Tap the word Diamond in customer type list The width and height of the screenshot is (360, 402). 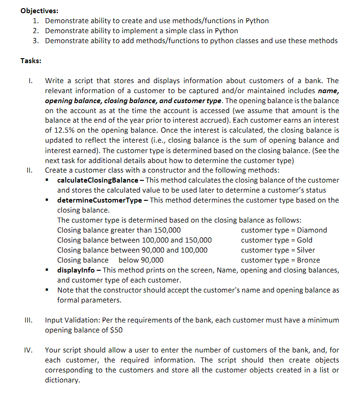point(312,230)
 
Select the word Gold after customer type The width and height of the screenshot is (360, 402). point(305,240)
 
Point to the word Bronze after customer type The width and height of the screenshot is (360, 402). point(308,260)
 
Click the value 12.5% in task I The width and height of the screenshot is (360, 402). point(64,130)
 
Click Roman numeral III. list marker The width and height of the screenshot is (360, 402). point(27,320)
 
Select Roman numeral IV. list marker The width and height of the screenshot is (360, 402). point(28,350)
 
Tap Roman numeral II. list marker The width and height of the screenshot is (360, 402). point(27,170)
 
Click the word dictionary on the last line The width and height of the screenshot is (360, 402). point(62,380)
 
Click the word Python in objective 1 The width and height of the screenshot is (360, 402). point(257,21)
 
